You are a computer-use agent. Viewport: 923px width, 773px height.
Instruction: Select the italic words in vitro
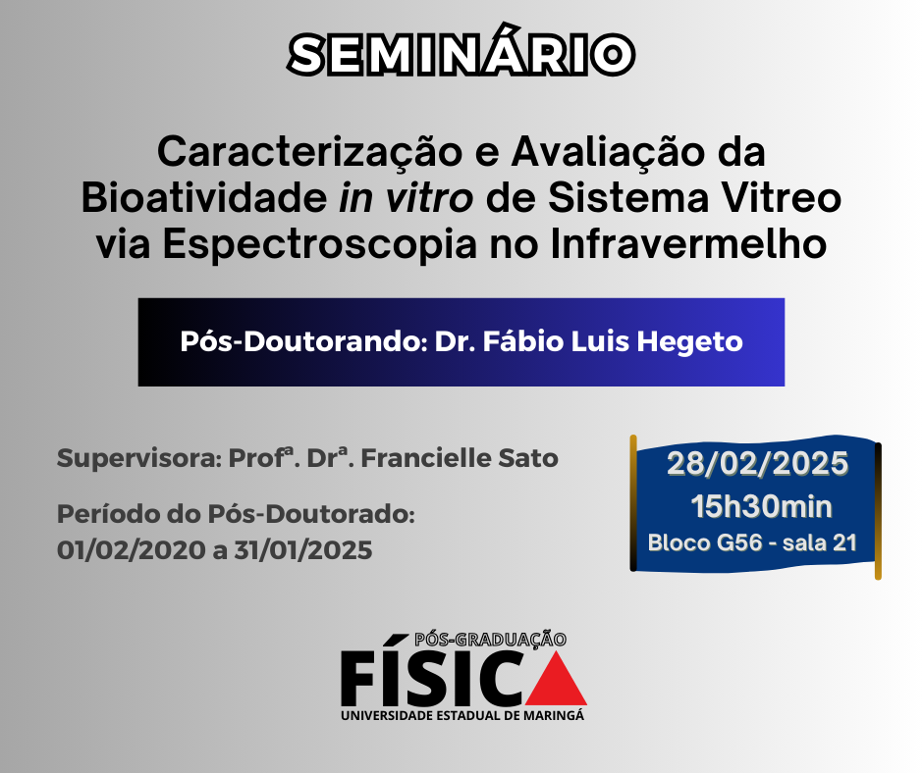[x=406, y=198]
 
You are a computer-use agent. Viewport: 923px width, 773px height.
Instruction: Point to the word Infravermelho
[x=688, y=243]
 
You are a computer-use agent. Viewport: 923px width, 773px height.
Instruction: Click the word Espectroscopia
[x=320, y=244]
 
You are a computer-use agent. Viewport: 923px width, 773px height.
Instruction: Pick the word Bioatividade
[x=204, y=198]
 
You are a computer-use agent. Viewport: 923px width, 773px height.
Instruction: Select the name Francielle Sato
[x=460, y=458]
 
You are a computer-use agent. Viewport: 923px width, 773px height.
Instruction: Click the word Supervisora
[x=138, y=459]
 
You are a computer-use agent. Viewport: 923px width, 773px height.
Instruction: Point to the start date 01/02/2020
[x=132, y=550]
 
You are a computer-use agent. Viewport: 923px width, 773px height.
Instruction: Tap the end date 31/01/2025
[x=303, y=550]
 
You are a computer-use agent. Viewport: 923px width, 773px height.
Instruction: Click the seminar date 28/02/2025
[x=757, y=464]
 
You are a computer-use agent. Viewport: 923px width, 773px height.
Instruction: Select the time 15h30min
[x=761, y=507]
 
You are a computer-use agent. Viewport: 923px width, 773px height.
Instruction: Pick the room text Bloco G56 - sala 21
[x=752, y=543]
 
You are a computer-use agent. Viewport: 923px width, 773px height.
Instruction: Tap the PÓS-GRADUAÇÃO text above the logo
[x=490, y=640]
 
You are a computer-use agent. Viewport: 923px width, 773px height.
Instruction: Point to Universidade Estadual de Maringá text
[x=462, y=716]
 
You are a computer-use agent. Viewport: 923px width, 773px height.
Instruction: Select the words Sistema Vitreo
[x=694, y=198]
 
